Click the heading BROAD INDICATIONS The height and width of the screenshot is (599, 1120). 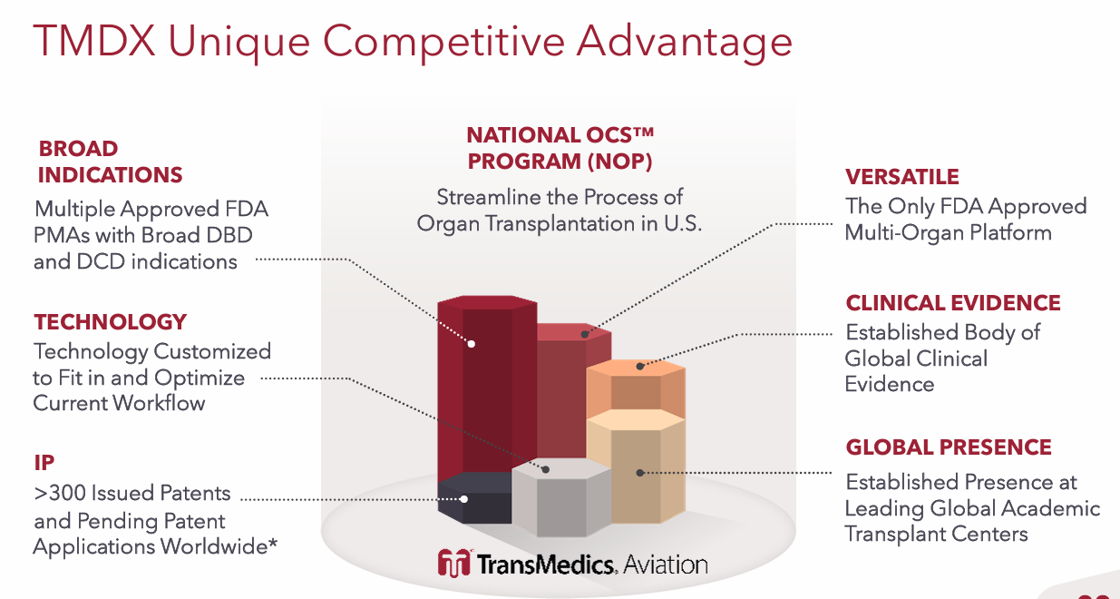(110, 162)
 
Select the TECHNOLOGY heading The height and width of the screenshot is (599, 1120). (110, 322)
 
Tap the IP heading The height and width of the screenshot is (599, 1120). (44, 462)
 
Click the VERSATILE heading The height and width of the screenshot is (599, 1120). (901, 177)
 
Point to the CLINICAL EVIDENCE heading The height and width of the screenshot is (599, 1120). (952, 303)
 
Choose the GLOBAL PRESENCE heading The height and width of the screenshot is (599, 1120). (948, 447)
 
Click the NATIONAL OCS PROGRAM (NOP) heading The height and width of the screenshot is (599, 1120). (560, 149)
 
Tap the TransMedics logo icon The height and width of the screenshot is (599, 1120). (453, 564)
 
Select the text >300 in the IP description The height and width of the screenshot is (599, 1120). (61, 494)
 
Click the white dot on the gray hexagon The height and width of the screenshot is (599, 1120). (545, 469)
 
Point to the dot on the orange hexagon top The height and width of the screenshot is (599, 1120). (639, 367)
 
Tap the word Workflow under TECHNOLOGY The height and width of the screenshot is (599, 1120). (161, 403)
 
